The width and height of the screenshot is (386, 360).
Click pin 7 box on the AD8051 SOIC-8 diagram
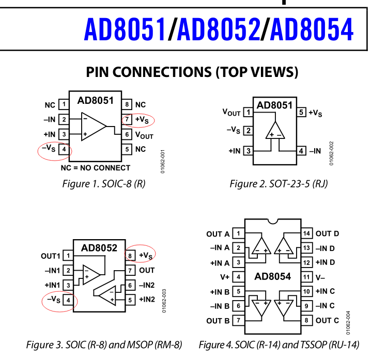point(127,120)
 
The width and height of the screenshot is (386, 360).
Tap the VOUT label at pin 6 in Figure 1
point(145,135)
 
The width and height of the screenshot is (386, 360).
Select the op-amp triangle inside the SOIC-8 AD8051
point(93,127)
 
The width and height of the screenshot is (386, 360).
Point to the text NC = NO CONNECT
point(96,167)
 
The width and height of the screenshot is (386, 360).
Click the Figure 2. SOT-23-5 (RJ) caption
point(279,183)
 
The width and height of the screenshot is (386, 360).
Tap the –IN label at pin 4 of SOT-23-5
point(315,151)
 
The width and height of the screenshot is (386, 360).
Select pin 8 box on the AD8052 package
point(130,255)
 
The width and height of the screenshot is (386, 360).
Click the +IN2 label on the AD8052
point(147,300)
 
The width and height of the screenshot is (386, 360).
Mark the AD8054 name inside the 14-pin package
point(272,276)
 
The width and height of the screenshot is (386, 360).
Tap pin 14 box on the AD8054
point(306,233)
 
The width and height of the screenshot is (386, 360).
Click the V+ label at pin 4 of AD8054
point(224,277)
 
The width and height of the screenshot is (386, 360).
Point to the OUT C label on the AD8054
point(327,320)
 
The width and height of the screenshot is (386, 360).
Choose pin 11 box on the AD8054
point(306,277)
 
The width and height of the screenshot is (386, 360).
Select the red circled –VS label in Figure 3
point(53,299)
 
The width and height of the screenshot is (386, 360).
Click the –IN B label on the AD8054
point(220,306)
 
